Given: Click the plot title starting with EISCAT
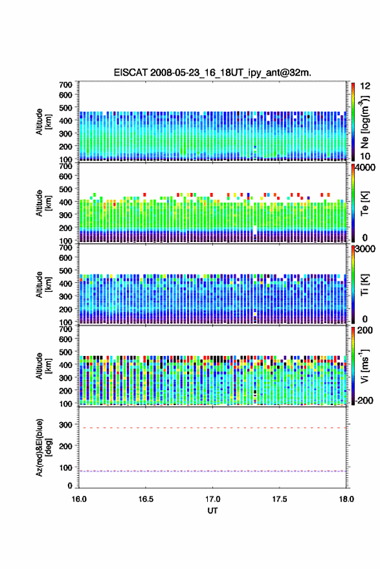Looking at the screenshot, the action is [212, 73].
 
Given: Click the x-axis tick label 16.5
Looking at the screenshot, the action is [146, 499].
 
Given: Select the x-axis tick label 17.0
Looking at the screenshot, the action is [212, 499].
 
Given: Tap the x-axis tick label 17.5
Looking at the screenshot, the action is [279, 499].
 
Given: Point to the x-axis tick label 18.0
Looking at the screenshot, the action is [346, 499].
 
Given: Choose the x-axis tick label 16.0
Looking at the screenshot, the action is [79, 499].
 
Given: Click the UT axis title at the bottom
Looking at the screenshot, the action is [212, 511].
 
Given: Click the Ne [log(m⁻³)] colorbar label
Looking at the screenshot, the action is [364, 122].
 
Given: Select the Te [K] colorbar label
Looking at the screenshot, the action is [364, 203].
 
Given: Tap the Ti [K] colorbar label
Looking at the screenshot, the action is [364, 285].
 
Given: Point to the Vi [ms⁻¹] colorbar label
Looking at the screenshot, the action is [364, 366].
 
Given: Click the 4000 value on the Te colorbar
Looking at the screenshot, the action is [365, 168].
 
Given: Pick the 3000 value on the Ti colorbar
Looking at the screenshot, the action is [365, 249].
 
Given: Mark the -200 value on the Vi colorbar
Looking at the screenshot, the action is [364, 401].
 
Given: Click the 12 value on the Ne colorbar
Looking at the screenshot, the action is [365, 86].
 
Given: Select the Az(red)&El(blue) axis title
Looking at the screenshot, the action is [43, 447].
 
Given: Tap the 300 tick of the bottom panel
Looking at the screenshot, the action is [65, 425].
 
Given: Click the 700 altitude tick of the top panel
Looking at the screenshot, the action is [65, 85].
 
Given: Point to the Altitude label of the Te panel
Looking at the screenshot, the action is [43, 203].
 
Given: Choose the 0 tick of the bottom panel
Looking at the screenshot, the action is [70, 485].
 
